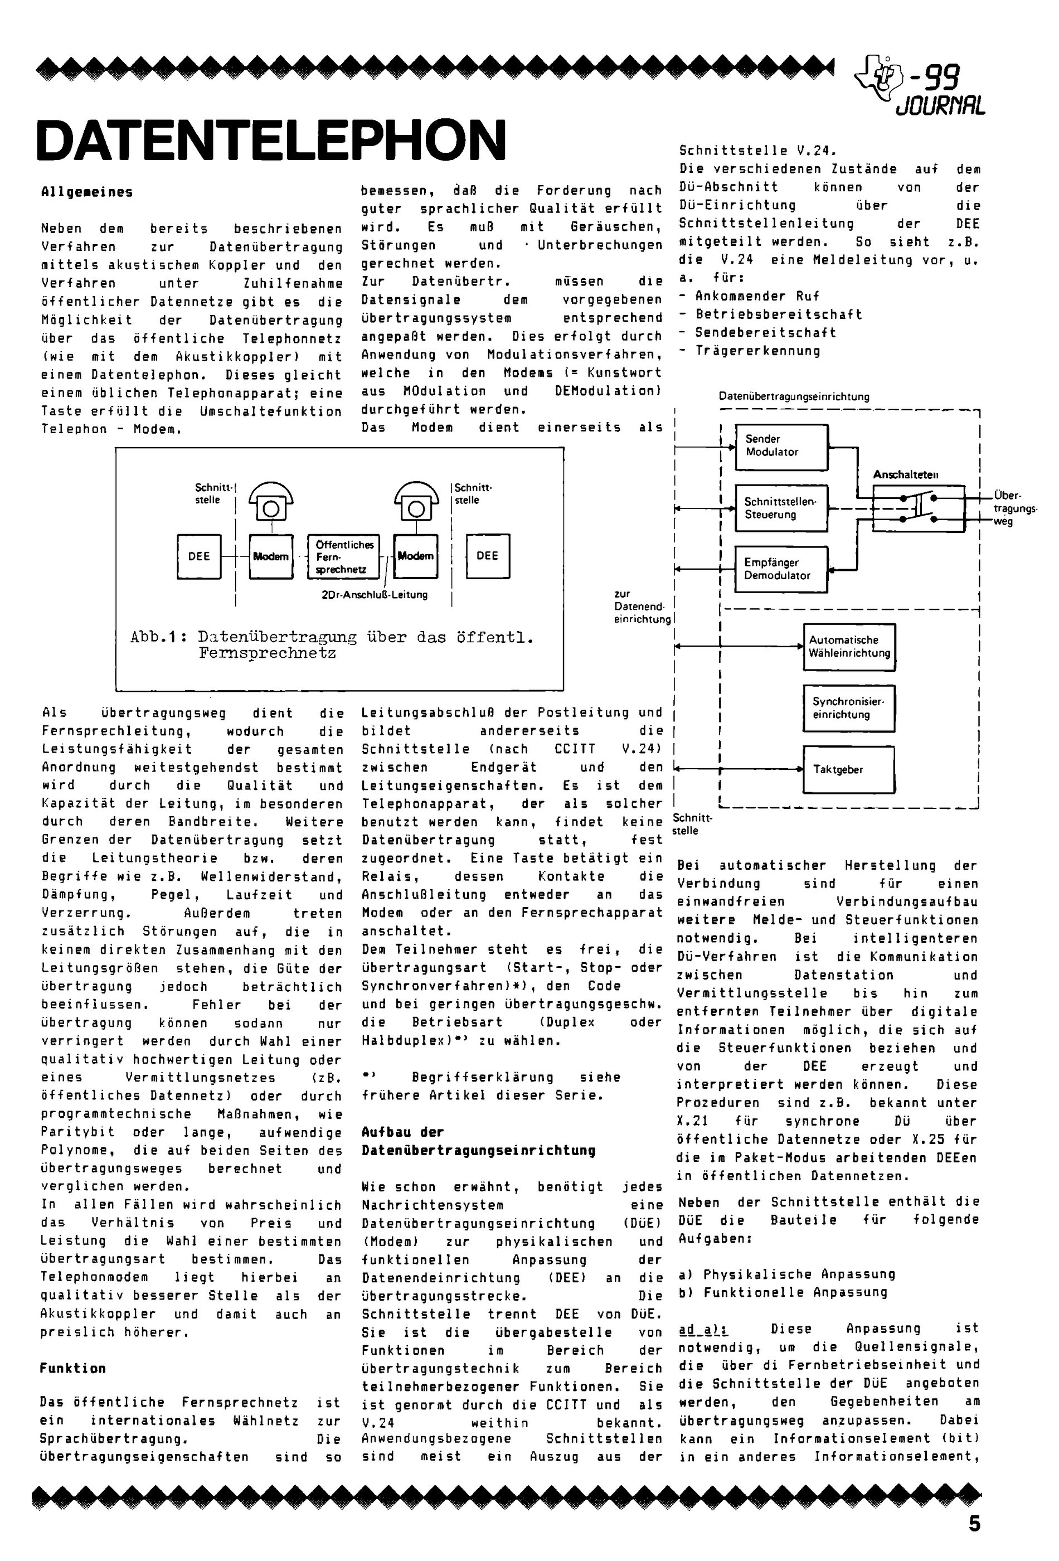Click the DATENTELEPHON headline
271,140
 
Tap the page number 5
974,1524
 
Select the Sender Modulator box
781,447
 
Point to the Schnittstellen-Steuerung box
780,508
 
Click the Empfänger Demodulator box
780,569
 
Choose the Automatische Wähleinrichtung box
849,647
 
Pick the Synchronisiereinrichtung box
849,708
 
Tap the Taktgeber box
849,769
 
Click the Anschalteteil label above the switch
905,475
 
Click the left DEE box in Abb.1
199,556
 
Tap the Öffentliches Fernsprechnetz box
344,556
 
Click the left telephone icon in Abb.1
271,501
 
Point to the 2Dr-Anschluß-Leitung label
374,594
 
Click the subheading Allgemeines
86,192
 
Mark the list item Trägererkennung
757,351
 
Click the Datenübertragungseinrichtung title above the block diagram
794,396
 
